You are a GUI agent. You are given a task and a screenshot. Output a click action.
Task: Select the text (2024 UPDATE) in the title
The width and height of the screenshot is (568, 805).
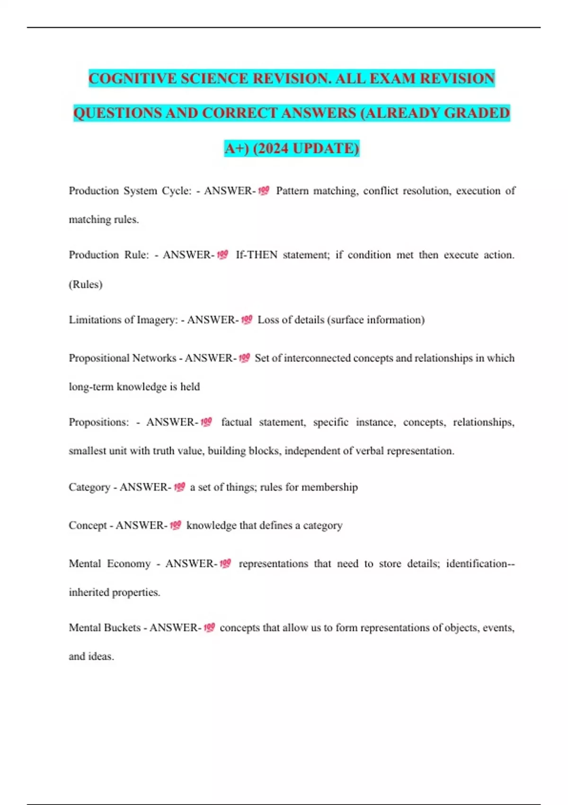(x=306, y=148)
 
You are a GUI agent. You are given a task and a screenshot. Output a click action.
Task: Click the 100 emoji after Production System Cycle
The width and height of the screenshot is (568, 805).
(x=264, y=190)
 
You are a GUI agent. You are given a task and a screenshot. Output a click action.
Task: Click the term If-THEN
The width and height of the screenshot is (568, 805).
(x=257, y=255)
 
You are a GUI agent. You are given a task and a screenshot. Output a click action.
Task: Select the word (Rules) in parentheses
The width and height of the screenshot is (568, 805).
(x=86, y=284)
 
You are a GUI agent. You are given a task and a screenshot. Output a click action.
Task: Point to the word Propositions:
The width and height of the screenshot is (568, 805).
(x=98, y=422)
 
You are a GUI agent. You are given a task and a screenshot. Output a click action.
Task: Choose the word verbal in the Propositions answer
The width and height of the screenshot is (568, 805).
(x=363, y=451)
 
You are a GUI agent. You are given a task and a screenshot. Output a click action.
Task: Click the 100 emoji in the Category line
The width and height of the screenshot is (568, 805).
(x=179, y=487)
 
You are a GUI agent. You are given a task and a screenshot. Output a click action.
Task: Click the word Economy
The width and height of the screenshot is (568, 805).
(x=129, y=563)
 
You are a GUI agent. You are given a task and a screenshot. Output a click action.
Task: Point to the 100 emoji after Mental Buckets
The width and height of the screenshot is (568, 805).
(x=209, y=627)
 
